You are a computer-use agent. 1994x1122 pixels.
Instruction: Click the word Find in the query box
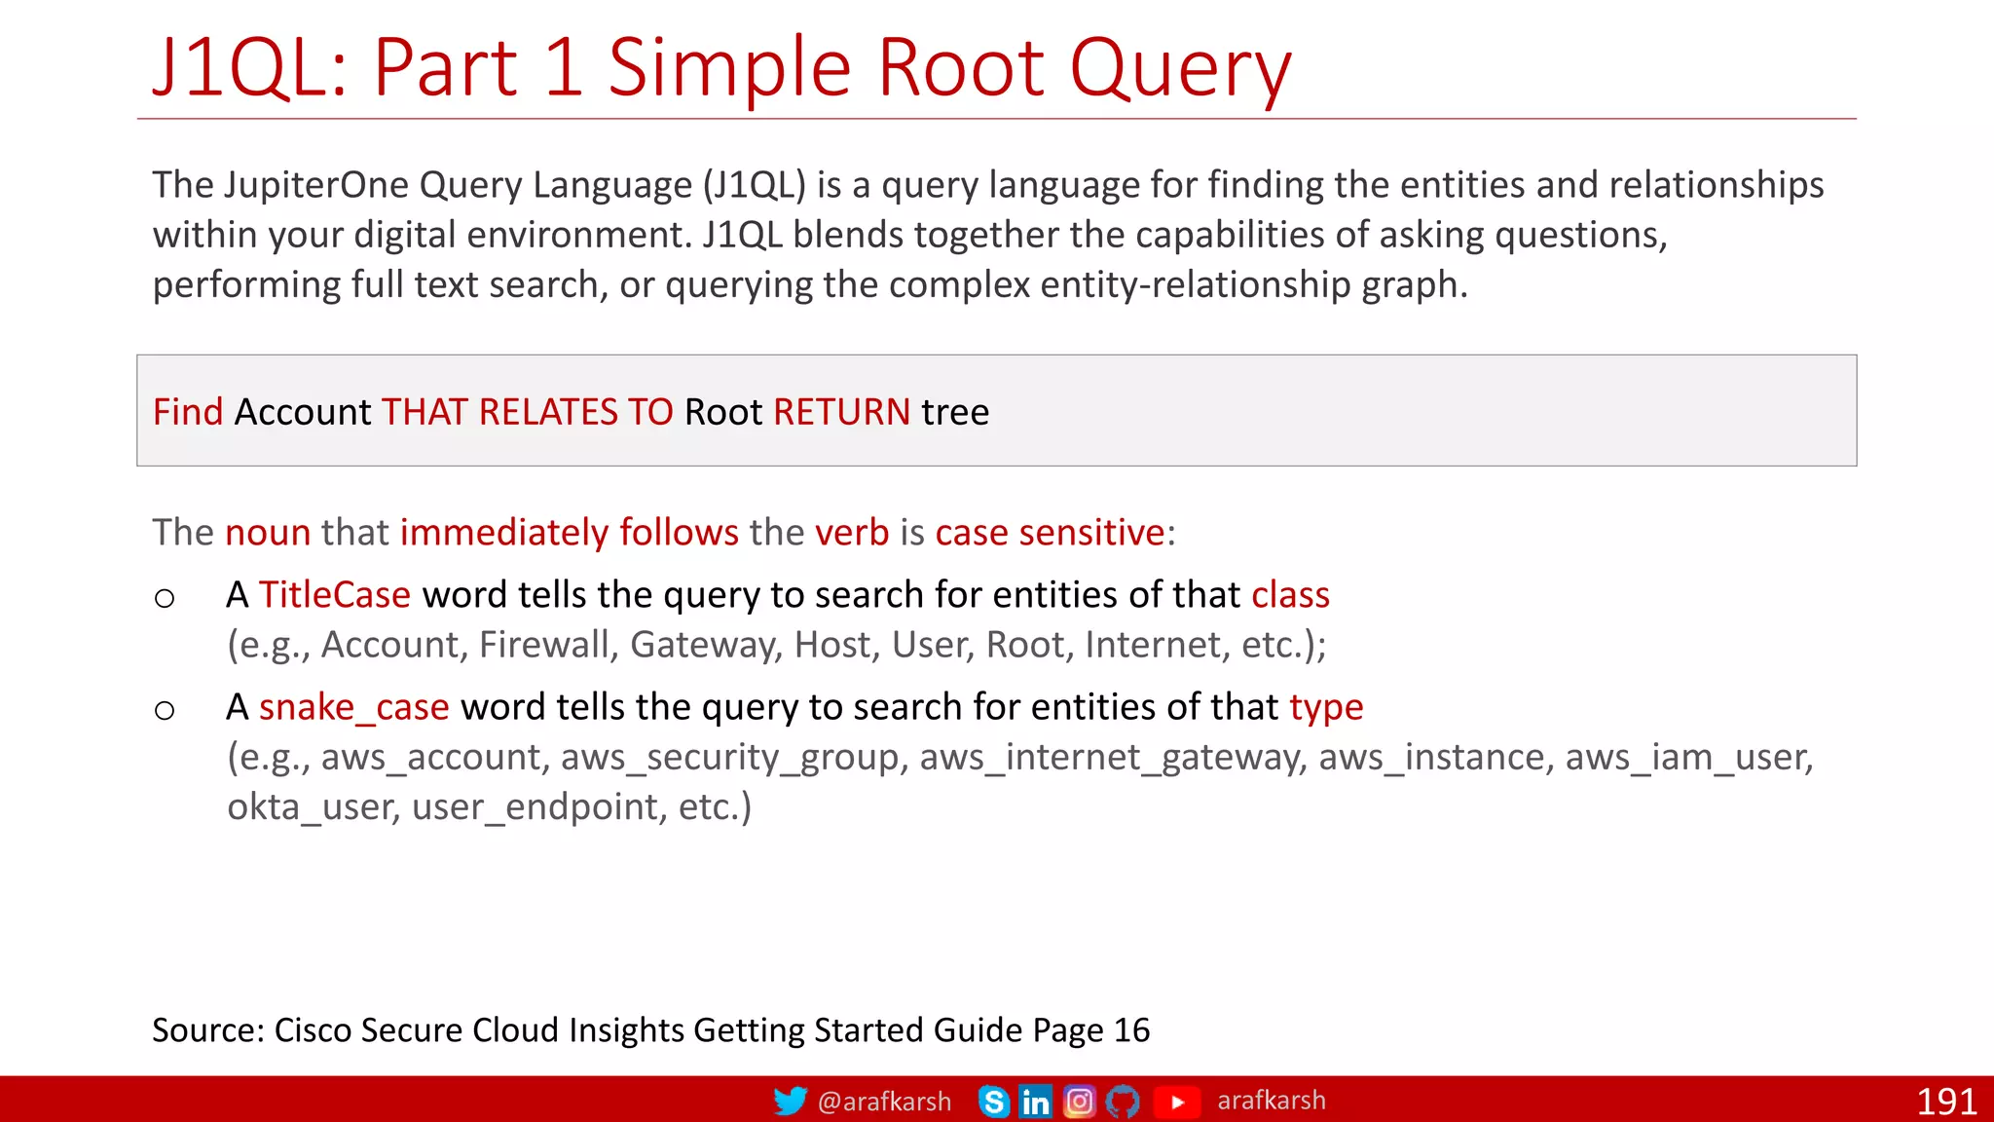coord(188,412)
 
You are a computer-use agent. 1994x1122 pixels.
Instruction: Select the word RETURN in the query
coord(841,412)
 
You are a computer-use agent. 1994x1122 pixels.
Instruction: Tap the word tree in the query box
coord(955,412)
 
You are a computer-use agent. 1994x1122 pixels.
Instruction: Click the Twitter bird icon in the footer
coord(790,1101)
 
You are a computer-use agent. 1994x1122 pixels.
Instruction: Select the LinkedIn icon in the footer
coord(1035,1102)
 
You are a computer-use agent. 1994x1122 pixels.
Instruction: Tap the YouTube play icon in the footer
coord(1177,1102)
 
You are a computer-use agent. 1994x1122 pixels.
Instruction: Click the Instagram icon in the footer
coord(1079,1102)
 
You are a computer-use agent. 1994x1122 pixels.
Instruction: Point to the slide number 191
coord(1945,1102)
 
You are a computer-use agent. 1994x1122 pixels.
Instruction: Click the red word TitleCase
coord(334,594)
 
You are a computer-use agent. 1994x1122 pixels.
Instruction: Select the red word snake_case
coord(353,707)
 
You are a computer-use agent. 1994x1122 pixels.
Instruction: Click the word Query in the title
coord(1180,68)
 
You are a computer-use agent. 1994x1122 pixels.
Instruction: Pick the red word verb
coord(851,533)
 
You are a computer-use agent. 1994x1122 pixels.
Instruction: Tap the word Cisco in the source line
coord(312,1029)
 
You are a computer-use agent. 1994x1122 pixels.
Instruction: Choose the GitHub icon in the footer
coord(1123,1102)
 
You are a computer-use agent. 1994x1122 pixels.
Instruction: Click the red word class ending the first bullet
coord(1290,594)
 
